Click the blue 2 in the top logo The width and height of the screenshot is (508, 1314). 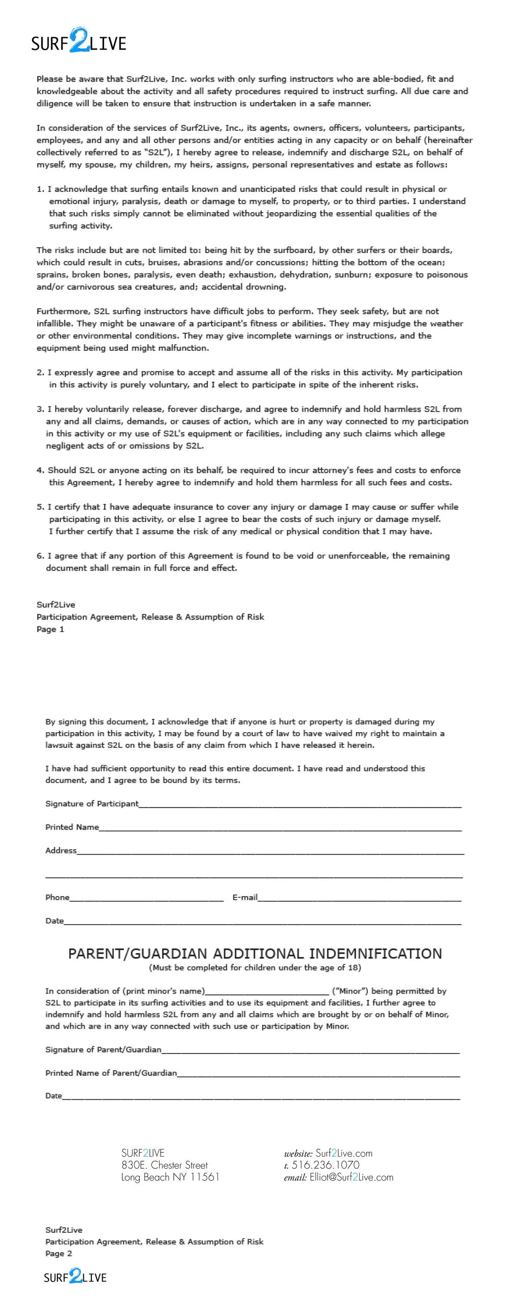pyautogui.click(x=79, y=40)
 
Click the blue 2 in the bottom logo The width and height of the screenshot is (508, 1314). pyautogui.click(x=76, y=1275)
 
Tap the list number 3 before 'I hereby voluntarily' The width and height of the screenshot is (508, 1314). pyautogui.click(x=40, y=409)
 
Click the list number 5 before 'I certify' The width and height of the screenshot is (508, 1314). pyautogui.click(x=40, y=507)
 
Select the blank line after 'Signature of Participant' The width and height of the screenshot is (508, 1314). pyautogui.click(x=300, y=805)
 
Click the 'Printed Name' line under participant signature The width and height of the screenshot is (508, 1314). pyautogui.click(x=280, y=829)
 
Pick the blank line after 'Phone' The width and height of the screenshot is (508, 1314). pyautogui.click(x=146, y=899)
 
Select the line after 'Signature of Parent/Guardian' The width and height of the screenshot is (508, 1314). pyautogui.click(x=310, y=1051)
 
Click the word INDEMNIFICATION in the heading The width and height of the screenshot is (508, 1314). pyautogui.click(x=375, y=954)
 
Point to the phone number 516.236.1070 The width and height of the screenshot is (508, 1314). pyautogui.click(x=325, y=1165)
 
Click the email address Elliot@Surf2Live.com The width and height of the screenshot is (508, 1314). pyautogui.click(x=351, y=1177)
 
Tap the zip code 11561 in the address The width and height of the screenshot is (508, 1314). pyautogui.click(x=205, y=1177)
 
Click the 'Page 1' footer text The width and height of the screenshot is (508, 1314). pyautogui.click(x=50, y=630)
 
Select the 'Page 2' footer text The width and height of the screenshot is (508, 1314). pyautogui.click(x=58, y=1253)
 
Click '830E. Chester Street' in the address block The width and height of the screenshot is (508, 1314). pyautogui.click(x=165, y=1165)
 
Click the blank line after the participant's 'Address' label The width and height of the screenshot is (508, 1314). pyautogui.click(x=270, y=852)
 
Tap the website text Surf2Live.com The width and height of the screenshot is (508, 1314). pyautogui.click(x=343, y=1154)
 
